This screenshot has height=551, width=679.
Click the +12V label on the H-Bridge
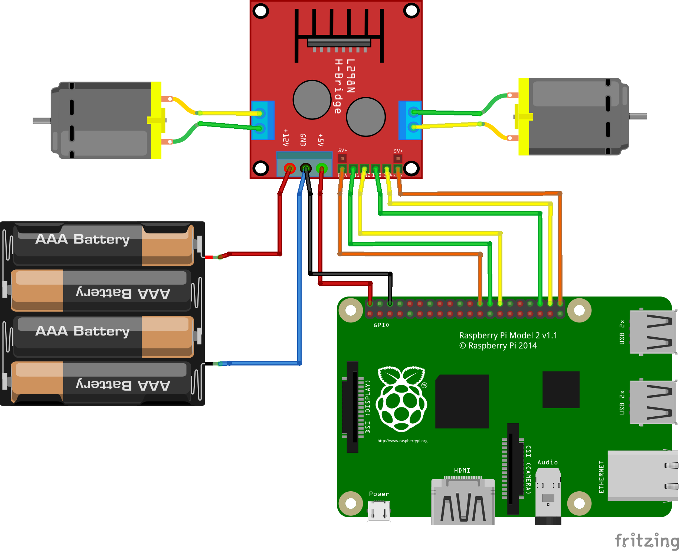tap(286, 138)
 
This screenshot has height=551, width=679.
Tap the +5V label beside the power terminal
tap(321, 140)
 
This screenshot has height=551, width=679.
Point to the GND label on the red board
tap(303, 140)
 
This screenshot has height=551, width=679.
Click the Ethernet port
tap(642, 476)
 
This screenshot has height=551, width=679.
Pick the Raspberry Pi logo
tap(401, 399)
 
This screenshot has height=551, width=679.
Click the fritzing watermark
tap(646, 540)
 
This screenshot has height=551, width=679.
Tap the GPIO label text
tap(381, 325)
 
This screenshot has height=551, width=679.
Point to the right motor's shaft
tap(638, 116)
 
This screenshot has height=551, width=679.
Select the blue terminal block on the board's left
tap(262, 120)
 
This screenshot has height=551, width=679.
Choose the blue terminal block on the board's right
tap(410, 120)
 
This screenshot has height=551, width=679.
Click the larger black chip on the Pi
tap(462, 401)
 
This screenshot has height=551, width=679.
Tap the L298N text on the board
tap(351, 76)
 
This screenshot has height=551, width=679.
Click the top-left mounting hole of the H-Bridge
tap(261, 11)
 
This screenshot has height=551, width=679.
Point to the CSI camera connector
tap(513, 468)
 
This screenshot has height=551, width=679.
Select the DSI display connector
tap(352, 407)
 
